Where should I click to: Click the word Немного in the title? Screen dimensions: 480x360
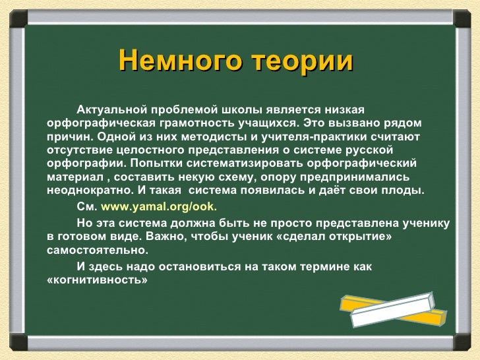click(x=180, y=60)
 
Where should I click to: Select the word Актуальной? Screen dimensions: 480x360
click(x=111, y=109)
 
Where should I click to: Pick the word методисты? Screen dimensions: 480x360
click(x=214, y=137)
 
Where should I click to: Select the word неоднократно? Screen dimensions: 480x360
click(x=90, y=191)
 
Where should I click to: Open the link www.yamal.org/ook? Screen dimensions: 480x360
click(x=159, y=207)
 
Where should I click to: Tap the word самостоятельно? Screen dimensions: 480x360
click(x=98, y=250)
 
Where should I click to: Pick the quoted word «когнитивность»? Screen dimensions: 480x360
click(x=98, y=280)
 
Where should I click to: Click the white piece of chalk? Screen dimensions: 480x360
click(x=393, y=309)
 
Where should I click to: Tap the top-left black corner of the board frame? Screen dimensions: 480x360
click(x=18, y=19)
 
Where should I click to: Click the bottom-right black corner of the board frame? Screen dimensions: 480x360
click(x=462, y=342)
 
